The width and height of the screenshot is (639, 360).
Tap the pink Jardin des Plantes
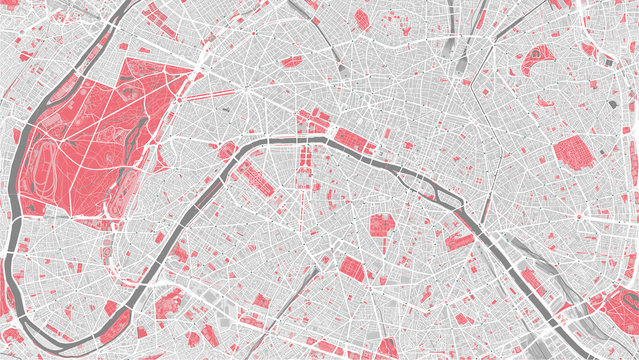click(x=459, y=238)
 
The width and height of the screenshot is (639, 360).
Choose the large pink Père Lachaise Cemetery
click(x=572, y=152)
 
